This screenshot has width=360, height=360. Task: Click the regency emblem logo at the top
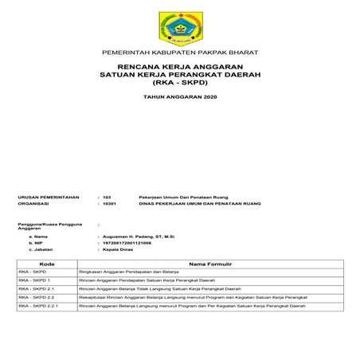(x=180, y=25)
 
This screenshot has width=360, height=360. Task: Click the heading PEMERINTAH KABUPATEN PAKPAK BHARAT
(x=180, y=53)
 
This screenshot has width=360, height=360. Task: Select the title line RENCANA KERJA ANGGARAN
(x=180, y=67)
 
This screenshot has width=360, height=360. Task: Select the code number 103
(x=108, y=196)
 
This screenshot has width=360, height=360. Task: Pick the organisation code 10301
(x=110, y=204)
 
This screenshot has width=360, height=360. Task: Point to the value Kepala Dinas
(x=119, y=251)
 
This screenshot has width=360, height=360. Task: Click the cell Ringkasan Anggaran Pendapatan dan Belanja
(x=127, y=272)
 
